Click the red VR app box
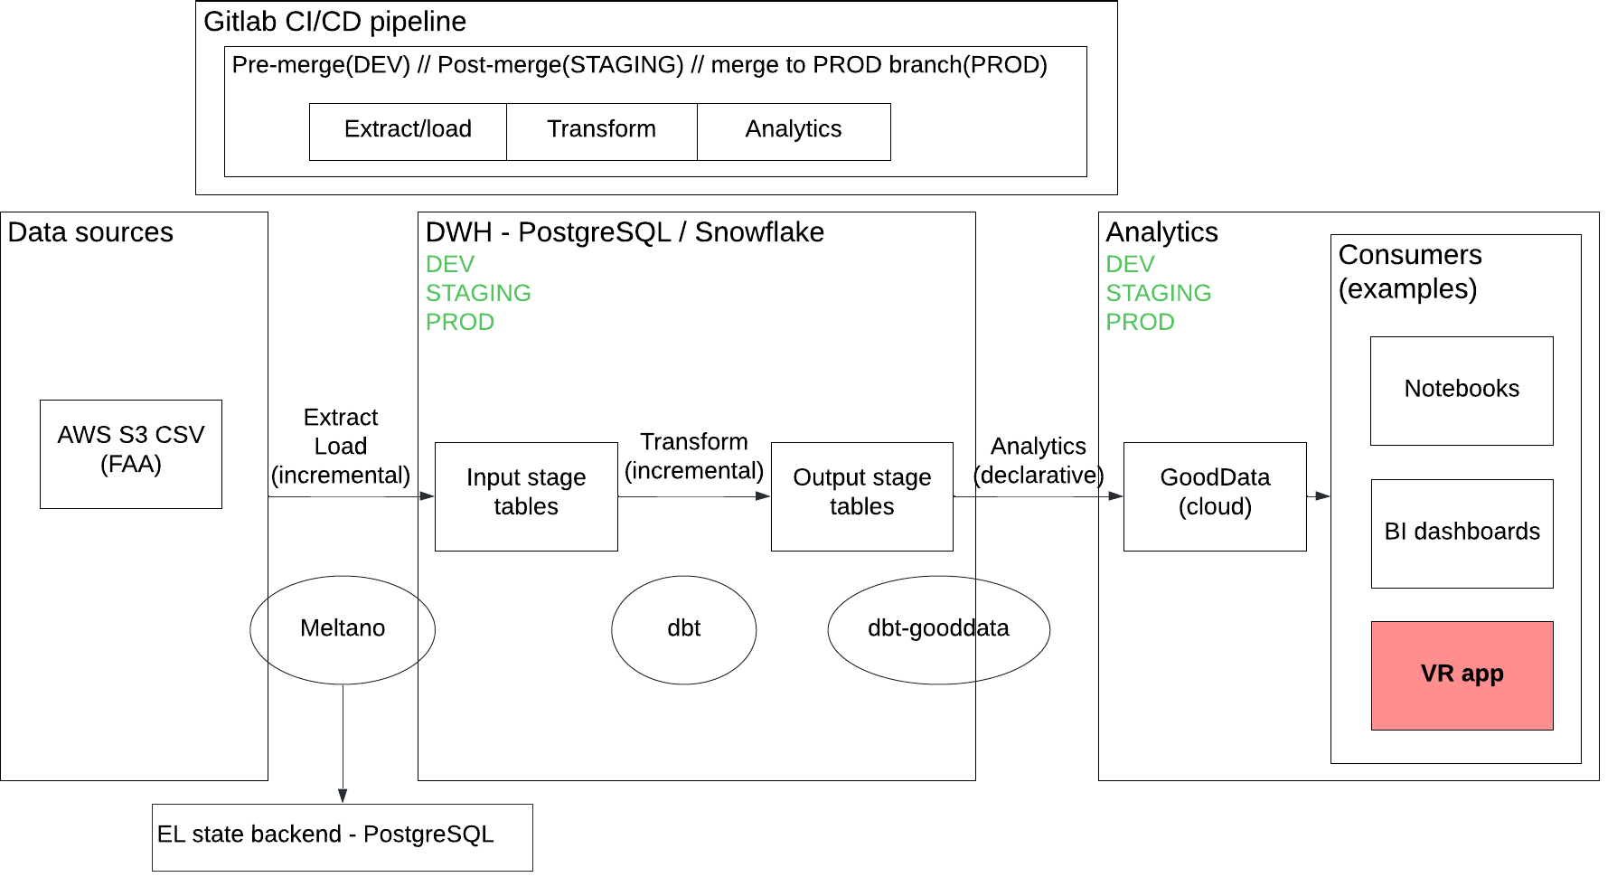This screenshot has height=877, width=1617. tap(1462, 675)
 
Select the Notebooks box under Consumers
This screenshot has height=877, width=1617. tap(1462, 391)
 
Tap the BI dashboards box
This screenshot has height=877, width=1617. tap(1462, 533)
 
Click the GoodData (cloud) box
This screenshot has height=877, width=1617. tap(1215, 496)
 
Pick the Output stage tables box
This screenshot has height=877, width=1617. tap(861, 496)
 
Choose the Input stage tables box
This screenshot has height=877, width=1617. tap(526, 496)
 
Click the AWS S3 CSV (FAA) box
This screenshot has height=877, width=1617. tap(131, 454)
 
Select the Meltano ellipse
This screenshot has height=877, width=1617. tap(343, 629)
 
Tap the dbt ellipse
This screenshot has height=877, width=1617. tap(683, 629)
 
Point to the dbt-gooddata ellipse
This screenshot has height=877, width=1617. tap(938, 629)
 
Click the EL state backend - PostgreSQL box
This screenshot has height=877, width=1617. tap(342, 837)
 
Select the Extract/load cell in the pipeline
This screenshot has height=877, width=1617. tap(408, 131)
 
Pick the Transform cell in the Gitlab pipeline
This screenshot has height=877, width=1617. tap(601, 131)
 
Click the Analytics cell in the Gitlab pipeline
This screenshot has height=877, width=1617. tap(794, 131)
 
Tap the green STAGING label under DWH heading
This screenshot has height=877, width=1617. tap(478, 293)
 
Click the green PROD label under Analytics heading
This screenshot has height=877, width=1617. tap(1140, 322)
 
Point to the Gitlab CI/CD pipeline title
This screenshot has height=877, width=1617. tap(334, 22)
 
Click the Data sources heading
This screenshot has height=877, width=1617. tap(90, 232)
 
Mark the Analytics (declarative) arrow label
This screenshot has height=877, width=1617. tap(1039, 460)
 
